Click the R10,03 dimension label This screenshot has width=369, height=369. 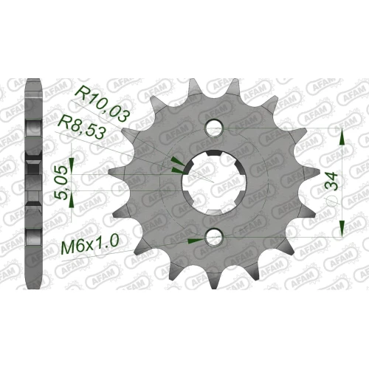[103, 103]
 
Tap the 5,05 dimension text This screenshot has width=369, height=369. [61, 182]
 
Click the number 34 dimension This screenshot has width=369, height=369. [331, 180]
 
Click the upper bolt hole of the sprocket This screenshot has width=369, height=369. [214, 128]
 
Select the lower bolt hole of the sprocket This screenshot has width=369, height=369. [214, 237]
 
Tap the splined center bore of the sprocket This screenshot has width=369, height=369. [214, 182]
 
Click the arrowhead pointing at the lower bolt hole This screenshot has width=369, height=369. [196, 241]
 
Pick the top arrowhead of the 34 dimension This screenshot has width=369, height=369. [342, 138]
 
